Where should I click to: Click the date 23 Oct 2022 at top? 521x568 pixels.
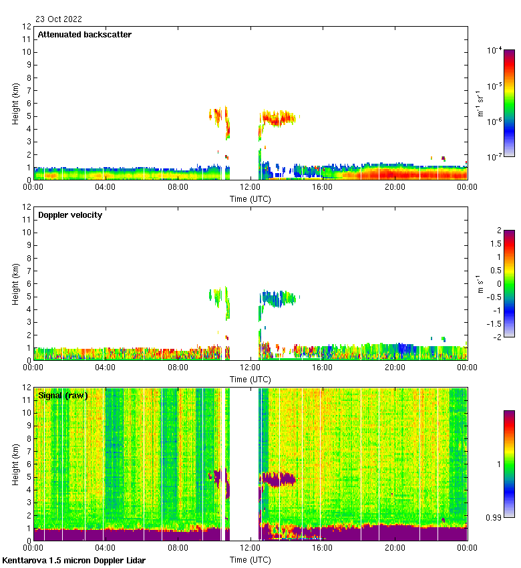(59, 19)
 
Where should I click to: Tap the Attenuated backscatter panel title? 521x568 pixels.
(84, 34)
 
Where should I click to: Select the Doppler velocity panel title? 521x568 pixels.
(70, 215)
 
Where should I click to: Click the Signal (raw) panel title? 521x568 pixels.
(63, 395)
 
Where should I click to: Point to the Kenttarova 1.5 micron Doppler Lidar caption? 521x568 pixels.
(73, 560)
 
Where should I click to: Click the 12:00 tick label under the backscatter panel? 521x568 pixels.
(250, 188)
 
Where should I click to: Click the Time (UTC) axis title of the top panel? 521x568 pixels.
(250, 198)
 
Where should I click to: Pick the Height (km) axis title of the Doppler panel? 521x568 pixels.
(15, 284)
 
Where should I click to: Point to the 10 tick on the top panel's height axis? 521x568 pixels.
(27, 52)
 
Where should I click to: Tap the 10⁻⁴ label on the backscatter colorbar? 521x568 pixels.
(495, 50)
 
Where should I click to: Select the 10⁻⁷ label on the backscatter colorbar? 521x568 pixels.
(495, 157)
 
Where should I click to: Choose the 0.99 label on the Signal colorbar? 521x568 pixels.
(493, 517)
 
